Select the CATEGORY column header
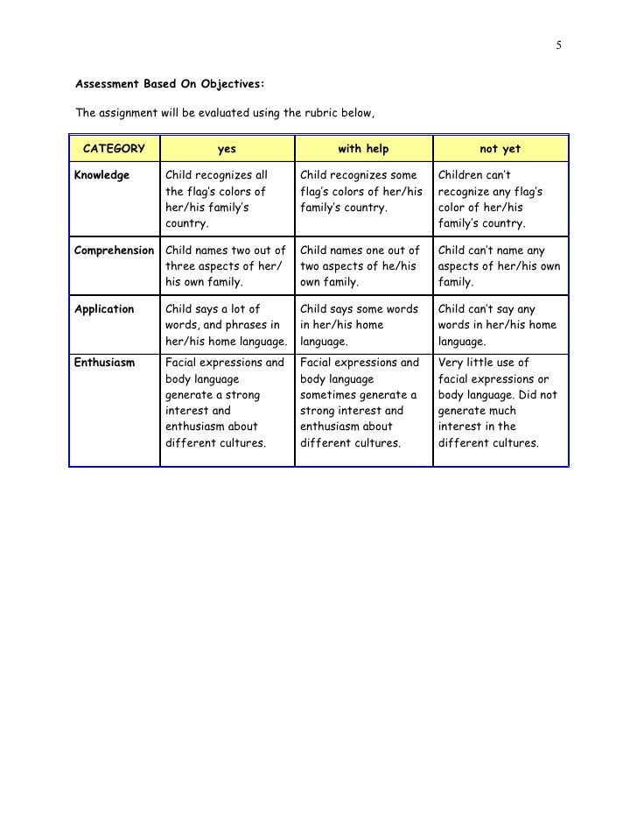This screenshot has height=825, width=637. pos(114,149)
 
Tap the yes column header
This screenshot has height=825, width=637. pos(227,149)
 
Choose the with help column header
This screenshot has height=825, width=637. pos(363,149)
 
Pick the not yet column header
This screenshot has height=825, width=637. pos(500,149)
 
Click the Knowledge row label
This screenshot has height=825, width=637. pos(102,175)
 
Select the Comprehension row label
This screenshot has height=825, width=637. pos(114,250)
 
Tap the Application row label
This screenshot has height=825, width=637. pos(104,309)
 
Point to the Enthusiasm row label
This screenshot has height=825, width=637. pos(104,363)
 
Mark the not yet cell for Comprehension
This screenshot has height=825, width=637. pos(499,266)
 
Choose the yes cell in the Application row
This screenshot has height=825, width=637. pos(227,325)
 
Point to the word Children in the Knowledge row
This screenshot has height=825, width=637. pos(462,175)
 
